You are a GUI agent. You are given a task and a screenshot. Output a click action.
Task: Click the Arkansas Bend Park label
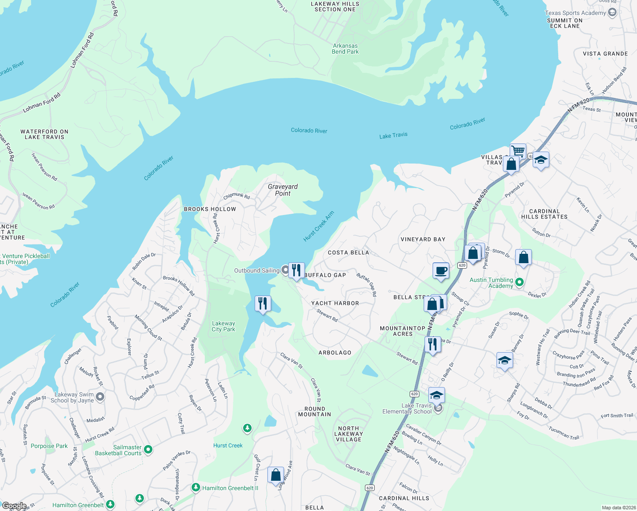click(x=345, y=49)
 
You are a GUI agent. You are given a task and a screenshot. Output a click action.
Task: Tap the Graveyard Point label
click(x=283, y=190)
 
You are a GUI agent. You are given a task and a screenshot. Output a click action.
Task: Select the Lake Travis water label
click(x=393, y=135)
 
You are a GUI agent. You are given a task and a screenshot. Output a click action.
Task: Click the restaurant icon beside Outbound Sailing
click(x=296, y=270)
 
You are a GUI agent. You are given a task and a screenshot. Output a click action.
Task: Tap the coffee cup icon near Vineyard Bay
click(x=441, y=270)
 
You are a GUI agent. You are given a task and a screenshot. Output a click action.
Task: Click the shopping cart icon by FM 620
click(x=518, y=151)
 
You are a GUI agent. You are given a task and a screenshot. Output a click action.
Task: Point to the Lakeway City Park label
click(x=223, y=326)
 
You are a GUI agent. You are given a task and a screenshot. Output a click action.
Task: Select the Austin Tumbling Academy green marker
click(x=519, y=282)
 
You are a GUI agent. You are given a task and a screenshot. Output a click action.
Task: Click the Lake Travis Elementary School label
click(x=407, y=408)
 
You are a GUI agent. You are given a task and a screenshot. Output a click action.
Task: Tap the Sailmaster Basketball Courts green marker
click(x=148, y=449)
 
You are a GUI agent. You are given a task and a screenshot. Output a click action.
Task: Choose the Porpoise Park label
click(x=49, y=446)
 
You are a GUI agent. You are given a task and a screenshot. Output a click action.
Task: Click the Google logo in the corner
click(x=14, y=506)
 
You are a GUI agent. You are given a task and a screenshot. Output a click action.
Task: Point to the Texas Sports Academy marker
click(x=612, y=12)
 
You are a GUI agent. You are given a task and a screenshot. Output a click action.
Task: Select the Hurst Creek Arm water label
click(x=318, y=227)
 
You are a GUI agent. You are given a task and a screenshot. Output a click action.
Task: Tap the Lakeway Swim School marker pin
click(x=100, y=397)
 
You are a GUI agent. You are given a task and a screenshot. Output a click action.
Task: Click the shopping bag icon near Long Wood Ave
click(x=275, y=474)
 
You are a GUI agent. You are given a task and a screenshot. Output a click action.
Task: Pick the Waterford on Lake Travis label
click(x=44, y=134)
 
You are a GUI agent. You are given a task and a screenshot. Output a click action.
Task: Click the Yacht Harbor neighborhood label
click(x=335, y=303)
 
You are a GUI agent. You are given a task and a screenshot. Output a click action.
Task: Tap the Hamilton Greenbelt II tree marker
click(x=195, y=487)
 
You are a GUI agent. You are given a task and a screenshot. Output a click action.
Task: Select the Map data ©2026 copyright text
click(x=617, y=508)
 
